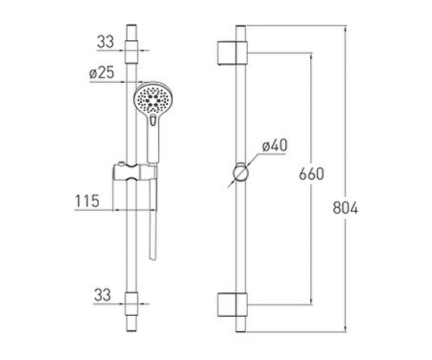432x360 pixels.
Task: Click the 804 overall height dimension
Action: pyautogui.click(x=345, y=207)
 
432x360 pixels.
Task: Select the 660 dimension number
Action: pyautogui.click(x=311, y=174)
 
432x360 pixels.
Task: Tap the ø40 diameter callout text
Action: pyautogui.click(x=275, y=145)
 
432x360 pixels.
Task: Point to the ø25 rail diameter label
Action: pyautogui.click(x=102, y=73)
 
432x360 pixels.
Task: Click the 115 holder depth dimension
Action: pyautogui.click(x=87, y=201)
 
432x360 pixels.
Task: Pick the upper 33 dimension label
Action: pyautogui.click(x=105, y=42)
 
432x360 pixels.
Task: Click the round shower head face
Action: pyautogui.click(x=153, y=100)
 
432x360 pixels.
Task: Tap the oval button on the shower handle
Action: pyautogui.click(x=153, y=120)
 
